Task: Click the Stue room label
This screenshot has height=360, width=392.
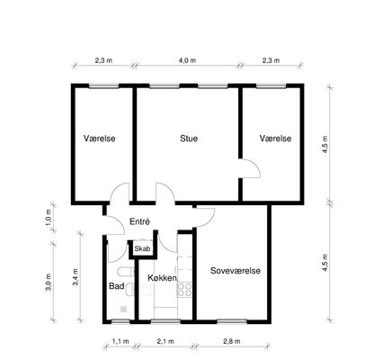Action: pos(189,139)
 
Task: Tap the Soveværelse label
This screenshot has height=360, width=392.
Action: pos(236,271)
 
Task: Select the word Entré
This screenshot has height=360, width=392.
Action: pos(139,221)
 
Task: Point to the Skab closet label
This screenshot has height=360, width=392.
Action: pos(142,248)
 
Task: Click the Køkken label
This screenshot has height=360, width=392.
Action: pos(162,278)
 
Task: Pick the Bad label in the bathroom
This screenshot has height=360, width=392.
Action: pos(117,286)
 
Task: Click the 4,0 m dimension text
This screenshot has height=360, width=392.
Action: pos(187,60)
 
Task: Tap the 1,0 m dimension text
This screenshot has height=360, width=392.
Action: pos(49,217)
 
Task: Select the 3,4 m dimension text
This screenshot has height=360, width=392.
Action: pos(76,277)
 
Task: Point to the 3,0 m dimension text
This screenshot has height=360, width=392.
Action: pos(49,283)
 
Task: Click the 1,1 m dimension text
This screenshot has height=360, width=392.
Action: pos(120,341)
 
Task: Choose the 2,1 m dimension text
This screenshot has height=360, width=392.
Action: pos(165,341)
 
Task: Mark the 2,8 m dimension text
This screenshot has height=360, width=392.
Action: pos(232,341)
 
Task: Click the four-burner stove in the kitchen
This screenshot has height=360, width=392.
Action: pos(184,290)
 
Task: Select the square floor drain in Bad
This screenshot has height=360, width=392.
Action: pos(123,309)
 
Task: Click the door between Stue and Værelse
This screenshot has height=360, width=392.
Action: pos(250,168)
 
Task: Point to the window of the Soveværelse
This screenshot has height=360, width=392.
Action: pos(232,321)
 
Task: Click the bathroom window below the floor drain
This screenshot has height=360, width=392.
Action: pos(120,321)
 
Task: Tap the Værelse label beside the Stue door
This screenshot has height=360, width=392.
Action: pos(275,139)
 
